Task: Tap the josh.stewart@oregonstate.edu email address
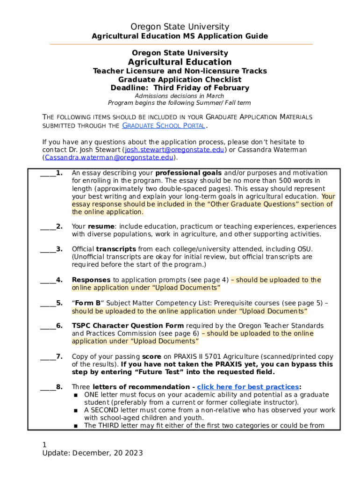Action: pyautogui.click(x=174, y=150)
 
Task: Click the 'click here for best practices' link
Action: pyautogui.click(x=248, y=387)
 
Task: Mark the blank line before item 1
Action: pyautogui.click(x=48, y=173)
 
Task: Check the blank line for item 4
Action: pyautogui.click(x=48, y=280)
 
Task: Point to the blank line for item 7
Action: pyautogui.click(x=48, y=356)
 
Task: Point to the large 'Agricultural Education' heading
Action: pyautogui.click(x=180, y=62)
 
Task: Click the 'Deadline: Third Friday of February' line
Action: pyautogui.click(x=180, y=88)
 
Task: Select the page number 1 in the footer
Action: pyautogui.click(x=44, y=444)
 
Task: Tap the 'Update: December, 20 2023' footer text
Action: pyautogui.click(x=92, y=453)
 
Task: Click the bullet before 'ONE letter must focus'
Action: pyautogui.click(x=76, y=395)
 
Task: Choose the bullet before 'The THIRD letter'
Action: pyautogui.click(x=76, y=426)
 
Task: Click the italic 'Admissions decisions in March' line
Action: pyautogui.click(x=180, y=96)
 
